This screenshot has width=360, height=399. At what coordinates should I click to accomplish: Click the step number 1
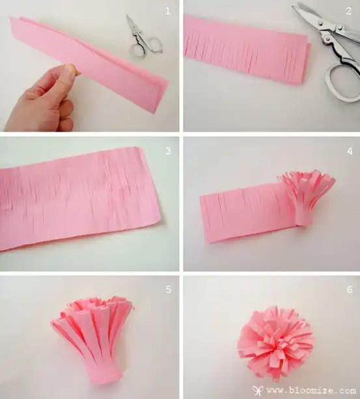(168, 11)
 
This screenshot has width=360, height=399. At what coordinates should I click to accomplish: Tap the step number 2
(348, 11)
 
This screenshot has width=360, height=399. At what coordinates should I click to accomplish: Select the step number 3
(168, 151)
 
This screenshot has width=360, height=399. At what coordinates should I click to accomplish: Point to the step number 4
(350, 151)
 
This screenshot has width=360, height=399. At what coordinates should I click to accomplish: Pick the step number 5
(169, 290)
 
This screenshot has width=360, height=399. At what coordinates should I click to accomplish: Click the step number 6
(350, 290)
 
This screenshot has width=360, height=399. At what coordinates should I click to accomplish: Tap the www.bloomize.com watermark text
(311, 391)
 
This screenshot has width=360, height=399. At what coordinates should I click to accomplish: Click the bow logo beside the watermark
(258, 390)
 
